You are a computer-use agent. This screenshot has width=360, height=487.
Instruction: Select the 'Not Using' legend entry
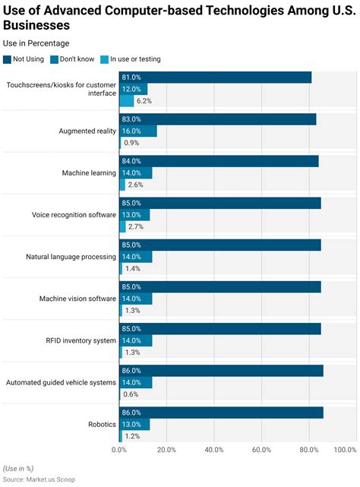coord(28,59)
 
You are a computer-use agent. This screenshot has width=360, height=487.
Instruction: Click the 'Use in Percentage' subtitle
coord(36,43)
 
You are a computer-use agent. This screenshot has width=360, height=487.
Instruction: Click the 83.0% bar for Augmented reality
coord(217,119)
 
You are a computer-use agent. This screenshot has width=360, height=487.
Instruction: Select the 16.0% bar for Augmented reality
coord(138,131)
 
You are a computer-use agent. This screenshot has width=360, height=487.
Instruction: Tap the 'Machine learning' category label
coord(89,172)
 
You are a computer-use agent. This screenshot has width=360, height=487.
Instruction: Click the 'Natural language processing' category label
coord(71,257)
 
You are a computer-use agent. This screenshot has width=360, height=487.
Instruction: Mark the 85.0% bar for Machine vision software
coord(219,287)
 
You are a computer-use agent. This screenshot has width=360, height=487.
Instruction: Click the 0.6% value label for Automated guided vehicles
coord(131,394)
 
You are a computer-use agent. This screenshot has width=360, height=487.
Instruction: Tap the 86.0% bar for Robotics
coord(221,413)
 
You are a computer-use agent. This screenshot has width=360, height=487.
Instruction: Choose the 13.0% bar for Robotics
coord(134,424)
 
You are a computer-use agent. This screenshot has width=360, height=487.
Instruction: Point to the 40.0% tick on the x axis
coord(214,450)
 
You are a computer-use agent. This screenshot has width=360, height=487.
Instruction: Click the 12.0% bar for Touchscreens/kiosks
coord(133,89)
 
